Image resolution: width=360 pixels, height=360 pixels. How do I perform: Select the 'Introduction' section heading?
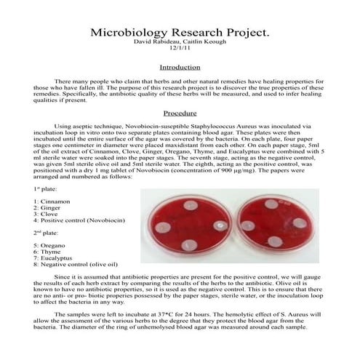pos(179,67)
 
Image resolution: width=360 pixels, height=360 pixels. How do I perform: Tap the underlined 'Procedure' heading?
pos(179,113)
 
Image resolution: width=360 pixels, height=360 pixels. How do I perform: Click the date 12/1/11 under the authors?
pos(179,50)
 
